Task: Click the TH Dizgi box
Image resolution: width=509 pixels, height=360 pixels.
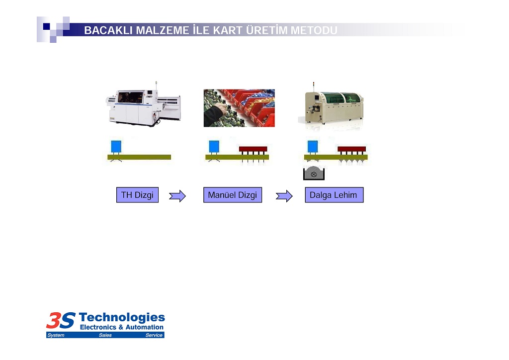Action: [x=137, y=195]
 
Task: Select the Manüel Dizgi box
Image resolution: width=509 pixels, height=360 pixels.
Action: [x=233, y=195]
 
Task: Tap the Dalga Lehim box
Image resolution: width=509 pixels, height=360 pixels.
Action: [x=334, y=195]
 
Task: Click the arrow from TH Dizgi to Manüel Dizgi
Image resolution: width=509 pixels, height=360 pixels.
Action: [x=177, y=196]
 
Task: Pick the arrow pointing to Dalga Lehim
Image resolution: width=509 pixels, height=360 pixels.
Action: [x=284, y=196]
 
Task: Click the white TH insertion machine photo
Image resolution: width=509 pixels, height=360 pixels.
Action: [x=143, y=104]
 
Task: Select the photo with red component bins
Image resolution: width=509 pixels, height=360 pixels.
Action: [x=239, y=108]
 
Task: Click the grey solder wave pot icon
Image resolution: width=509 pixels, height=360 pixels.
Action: [x=314, y=173]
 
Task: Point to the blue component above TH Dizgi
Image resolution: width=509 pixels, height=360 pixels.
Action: [x=116, y=146]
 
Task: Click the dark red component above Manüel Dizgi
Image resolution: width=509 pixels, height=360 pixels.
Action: [x=253, y=149]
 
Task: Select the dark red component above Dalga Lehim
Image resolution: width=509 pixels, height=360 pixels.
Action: [x=351, y=149]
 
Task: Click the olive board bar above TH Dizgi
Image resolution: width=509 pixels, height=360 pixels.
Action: [x=139, y=157]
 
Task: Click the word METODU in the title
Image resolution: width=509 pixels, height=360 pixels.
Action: [x=314, y=30]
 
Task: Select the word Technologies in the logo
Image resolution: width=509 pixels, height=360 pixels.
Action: [x=122, y=317]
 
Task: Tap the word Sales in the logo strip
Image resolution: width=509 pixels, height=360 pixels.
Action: [x=105, y=335]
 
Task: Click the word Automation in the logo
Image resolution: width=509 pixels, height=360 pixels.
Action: [x=145, y=327]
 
